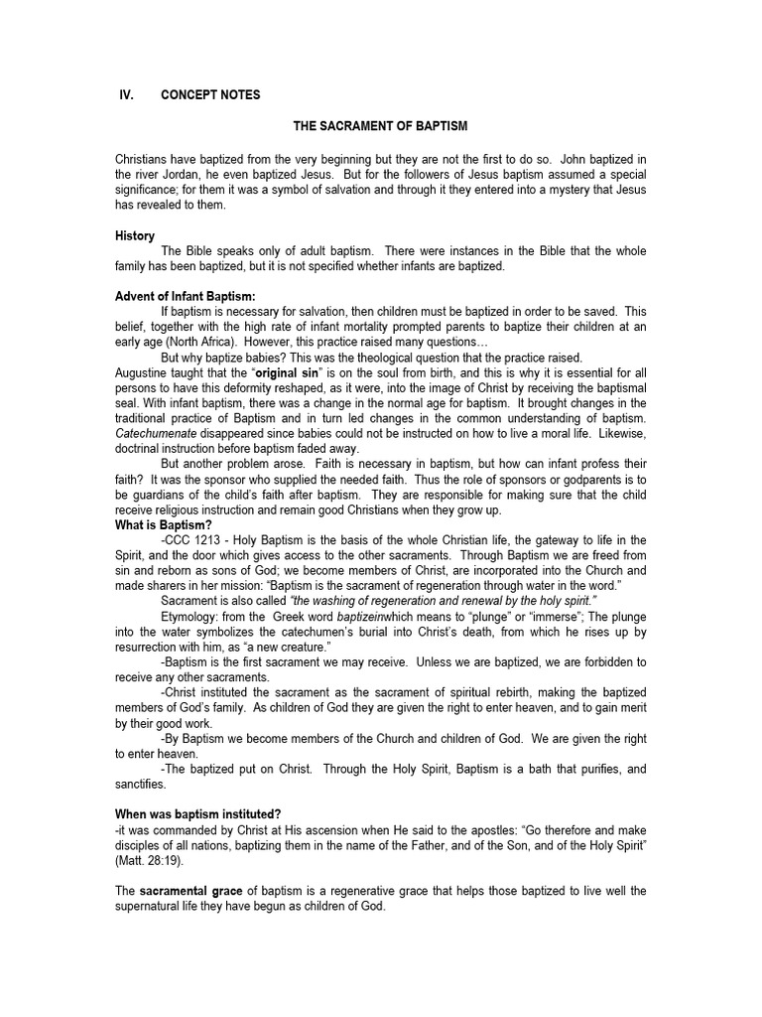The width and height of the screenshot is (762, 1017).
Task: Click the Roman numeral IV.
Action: coord(125,94)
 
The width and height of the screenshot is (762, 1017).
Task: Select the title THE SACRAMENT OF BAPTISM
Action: coord(379,128)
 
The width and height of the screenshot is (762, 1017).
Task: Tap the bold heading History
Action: coord(134,236)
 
